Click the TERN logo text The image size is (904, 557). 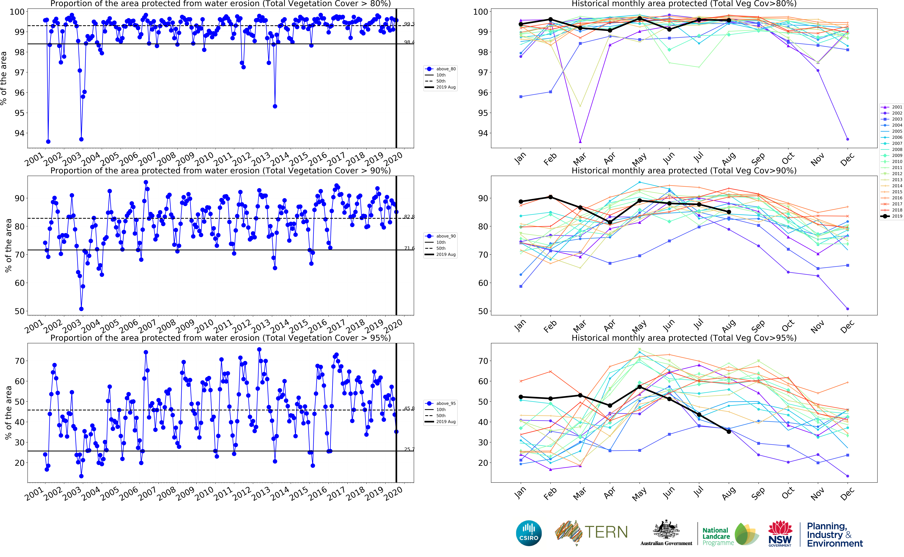606,532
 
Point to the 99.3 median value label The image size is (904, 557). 409,24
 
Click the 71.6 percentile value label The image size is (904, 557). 409,248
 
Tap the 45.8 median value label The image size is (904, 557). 409,408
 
